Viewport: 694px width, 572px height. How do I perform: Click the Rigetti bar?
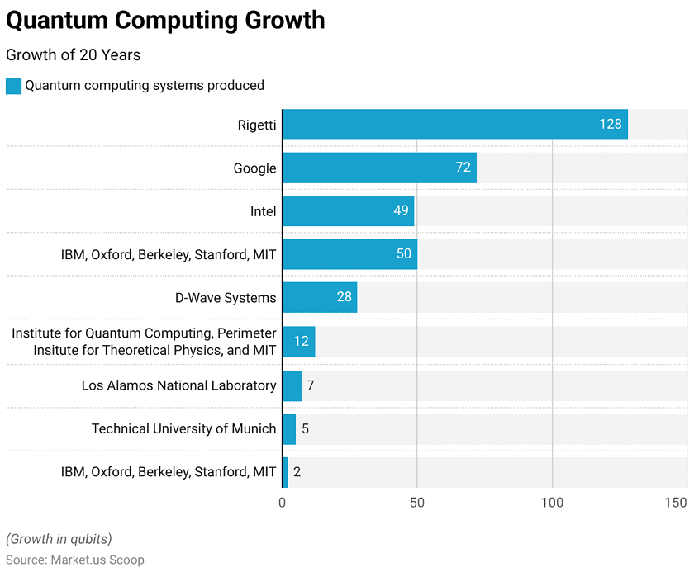pyautogui.click(x=454, y=124)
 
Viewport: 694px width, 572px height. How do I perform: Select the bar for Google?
pyautogui.click(x=379, y=168)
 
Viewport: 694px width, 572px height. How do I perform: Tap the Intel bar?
pyautogui.click(x=348, y=210)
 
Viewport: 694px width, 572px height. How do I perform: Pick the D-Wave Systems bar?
pyautogui.click(x=320, y=297)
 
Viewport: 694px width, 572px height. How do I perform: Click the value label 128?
pyautogui.click(x=610, y=124)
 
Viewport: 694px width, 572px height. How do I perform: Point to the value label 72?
pyautogui.click(x=463, y=168)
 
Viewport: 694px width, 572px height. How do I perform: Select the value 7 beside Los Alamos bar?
pyautogui.click(x=311, y=385)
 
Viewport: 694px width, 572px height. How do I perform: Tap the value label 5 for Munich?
pyautogui.click(x=305, y=428)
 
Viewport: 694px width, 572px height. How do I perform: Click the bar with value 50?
pyautogui.click(x=349, y=253)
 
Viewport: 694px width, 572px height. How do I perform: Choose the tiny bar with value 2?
pyautogui.click(x=285, y=472)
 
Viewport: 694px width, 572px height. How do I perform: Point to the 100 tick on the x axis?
pyautogui.click(x=552, y=503)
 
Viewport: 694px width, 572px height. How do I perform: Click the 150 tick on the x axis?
pyautogui.click(x=675, y=503)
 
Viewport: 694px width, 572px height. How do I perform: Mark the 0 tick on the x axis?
pyautogui.click(x=283, y=503)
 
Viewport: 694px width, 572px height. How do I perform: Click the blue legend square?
pyautogui.click(x=13, y=86)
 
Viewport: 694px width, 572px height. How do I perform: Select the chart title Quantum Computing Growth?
pyautogui.click(x=165, y=20)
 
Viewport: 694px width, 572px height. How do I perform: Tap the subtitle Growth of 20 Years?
pyautogui.click(x=74, y=55)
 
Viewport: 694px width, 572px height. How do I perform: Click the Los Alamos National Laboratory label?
pyautogui.click(x=178, y=385)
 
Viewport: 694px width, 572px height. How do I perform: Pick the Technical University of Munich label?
pyautogui.click(x=183, y=428)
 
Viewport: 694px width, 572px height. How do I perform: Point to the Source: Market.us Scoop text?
pyautogui.click(x=75, y=559)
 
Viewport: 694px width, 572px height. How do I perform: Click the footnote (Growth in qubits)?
pyautogui.click(x=59, y=539)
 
